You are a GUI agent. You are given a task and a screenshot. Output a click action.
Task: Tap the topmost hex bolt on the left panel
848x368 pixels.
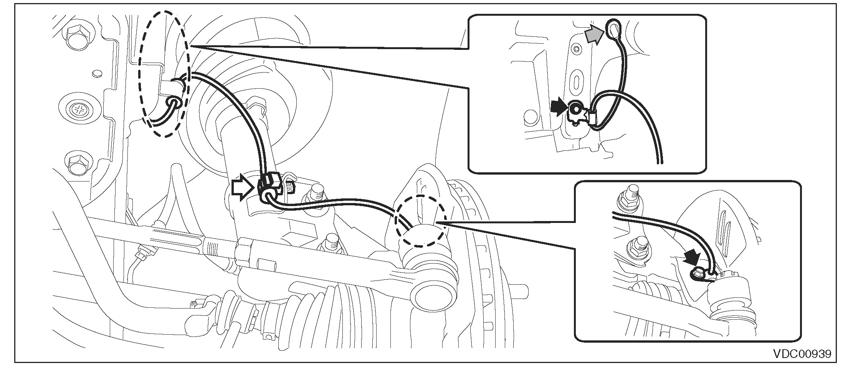(75, 37)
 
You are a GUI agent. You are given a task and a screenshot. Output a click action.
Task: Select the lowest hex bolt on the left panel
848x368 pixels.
(76, 164)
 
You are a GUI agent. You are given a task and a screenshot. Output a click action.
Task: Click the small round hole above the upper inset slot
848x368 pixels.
(575, 49)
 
